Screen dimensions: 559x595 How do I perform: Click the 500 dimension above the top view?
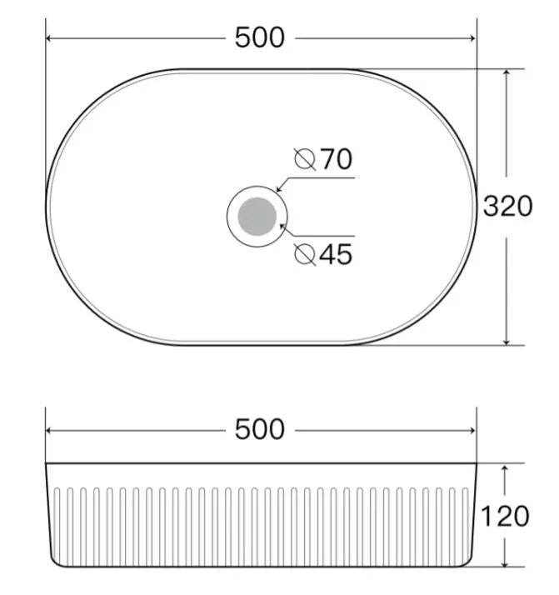pos(259,37)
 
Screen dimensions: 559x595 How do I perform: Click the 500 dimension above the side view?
pos(259,429)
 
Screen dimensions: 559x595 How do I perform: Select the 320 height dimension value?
pos(508,207)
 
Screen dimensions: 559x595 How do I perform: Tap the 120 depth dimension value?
pos(505,516)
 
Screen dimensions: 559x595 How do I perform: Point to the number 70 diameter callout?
pos(337,159)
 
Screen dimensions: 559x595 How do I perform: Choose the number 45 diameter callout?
pos(336,254)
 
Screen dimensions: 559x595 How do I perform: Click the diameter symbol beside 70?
pos(305,159)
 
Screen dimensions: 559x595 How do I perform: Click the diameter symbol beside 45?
pos(305,254)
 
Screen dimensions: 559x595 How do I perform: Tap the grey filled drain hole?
pos(257,217)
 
